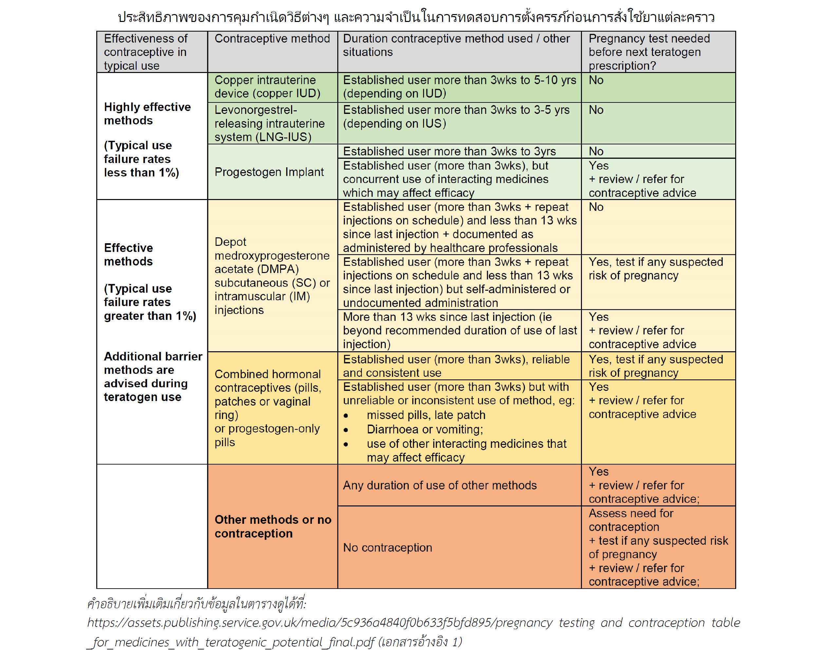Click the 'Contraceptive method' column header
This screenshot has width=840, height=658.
point(272,39)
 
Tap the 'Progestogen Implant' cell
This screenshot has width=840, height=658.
point(269,172)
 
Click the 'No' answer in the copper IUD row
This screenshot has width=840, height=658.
point(596,80)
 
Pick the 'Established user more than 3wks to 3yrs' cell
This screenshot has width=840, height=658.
point(449,151)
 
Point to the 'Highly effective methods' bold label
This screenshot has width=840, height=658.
point(147,114)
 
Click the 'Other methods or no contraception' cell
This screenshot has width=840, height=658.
point(272,526)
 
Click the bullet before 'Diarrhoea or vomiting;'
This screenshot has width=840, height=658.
point(346,430)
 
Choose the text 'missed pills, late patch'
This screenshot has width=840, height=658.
point(426,415)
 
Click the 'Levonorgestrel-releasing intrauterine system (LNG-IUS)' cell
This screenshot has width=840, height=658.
point(269,123)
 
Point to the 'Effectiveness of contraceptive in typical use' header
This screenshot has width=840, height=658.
point(146,52)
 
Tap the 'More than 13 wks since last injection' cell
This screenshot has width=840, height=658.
point(459,330)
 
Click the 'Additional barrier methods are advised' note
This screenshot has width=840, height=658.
point(153,376)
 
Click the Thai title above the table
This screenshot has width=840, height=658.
point(416,17)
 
